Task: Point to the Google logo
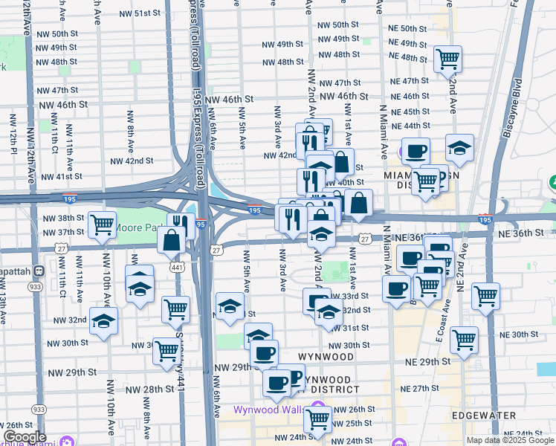pyautogui.click(x=25, y=436)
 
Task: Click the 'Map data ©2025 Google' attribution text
pyautogui.click(x=510, y=440)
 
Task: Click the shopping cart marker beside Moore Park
pyautogui.click(x=101, y=224)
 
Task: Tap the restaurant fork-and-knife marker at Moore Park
pyautogui.click(x=181, y=224)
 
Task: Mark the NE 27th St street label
pyautogui.click(x=420, y=389)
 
